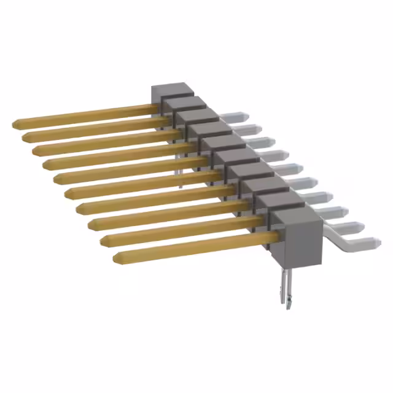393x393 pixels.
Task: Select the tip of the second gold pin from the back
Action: (25, 137)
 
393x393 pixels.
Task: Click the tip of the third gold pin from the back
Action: (36, 150)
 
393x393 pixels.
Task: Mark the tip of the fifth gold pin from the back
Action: (57, 179)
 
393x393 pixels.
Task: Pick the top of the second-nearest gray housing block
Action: (274, 198)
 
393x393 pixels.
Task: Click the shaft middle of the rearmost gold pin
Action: (86, 115)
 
